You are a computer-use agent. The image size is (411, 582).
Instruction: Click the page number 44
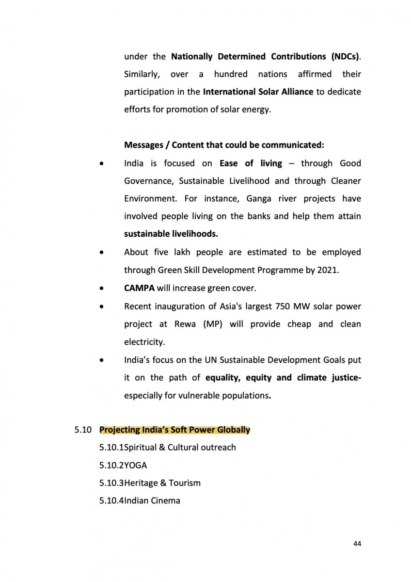click(357, 544)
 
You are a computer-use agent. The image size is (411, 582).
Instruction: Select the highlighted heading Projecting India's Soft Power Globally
click(174, 430)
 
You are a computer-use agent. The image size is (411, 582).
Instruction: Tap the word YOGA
click(135, 465)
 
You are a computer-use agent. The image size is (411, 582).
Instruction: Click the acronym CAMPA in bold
click(139, 288)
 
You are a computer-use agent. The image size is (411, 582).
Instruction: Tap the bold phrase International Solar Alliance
click(258, 92)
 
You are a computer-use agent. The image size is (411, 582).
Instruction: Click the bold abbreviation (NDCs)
click(346, 56)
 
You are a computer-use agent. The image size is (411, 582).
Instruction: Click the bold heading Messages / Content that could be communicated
click(224, 145)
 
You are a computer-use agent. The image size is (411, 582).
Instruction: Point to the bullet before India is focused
click(101, 164)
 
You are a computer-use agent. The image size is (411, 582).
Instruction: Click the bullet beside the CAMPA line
click(101, 289)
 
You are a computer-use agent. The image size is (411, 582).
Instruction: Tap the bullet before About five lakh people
click(101, 253)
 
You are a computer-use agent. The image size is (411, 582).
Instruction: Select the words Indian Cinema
click(152, 501)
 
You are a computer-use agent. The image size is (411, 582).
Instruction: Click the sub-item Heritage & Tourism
click(162, 483)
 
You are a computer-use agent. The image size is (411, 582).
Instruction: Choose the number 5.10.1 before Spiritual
click(111, 447)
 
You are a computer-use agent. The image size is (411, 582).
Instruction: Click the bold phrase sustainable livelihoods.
click(171, 234)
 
